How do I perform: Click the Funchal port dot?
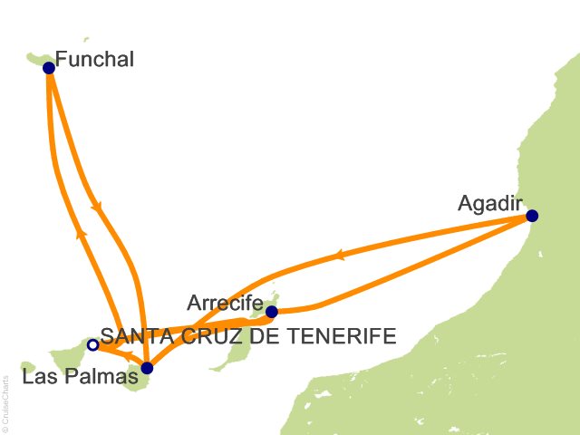point(49,67)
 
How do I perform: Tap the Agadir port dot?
point(532,216)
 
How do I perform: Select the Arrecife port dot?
point(271,312)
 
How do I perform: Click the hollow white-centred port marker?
point(92,344)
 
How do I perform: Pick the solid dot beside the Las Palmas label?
point(148,368)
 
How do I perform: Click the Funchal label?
point(94,60)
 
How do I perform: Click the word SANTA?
point(131,336)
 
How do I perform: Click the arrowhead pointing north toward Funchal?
point(82,234)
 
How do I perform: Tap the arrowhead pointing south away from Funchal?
point(96,207)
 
